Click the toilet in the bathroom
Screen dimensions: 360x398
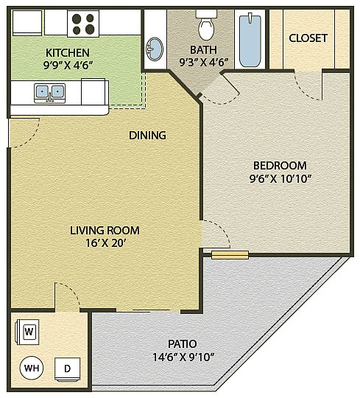(x=206, y=25)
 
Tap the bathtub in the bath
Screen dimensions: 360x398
(x=250, y=40)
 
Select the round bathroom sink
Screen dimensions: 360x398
(x=154, y=49)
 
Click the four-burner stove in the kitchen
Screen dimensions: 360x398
(x=83, y=24)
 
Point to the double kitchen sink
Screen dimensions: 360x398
(x=49, y=93)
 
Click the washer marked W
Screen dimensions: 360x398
(x=29, y=332)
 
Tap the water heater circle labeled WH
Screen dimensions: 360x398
(x=32, y=368)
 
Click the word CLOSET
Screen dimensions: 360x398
(x=308, y=38)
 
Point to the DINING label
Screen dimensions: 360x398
(x=147, y=136)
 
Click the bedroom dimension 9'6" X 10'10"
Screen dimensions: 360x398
(x=280, y=179)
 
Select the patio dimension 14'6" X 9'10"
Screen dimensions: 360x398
(x=183, y=357)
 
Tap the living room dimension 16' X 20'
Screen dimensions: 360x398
(x=105, y=243)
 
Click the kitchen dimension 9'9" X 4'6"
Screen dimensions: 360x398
(x=67, y=66)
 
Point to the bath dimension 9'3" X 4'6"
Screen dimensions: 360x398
(x=204, y=62)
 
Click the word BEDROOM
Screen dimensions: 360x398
(x=280, y=166)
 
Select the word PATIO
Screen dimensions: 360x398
(x=183, y=344)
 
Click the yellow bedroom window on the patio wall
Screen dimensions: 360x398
(x=230, y=255)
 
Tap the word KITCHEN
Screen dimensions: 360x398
(x=68, y=53)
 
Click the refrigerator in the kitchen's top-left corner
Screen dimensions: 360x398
(x=27, y=23)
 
